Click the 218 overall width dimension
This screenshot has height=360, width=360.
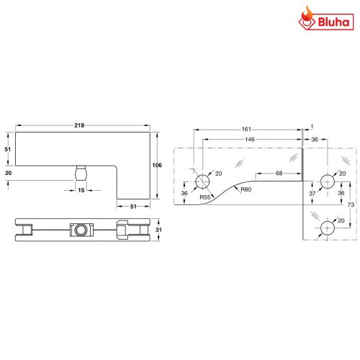tap(79, 126)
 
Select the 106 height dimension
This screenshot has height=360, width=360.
tap(158, 166)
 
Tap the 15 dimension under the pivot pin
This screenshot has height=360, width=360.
tap(81, 190)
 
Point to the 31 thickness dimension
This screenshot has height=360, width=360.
tap(158, 230)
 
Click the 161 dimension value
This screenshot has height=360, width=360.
tap(246, 130)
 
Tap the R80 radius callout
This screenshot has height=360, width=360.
tap(246, 189)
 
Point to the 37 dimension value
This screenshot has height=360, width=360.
tap(312, 193)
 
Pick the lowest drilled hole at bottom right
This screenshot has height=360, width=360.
tap(325, 226)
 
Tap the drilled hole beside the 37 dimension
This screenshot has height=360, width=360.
tap(325, 180)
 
